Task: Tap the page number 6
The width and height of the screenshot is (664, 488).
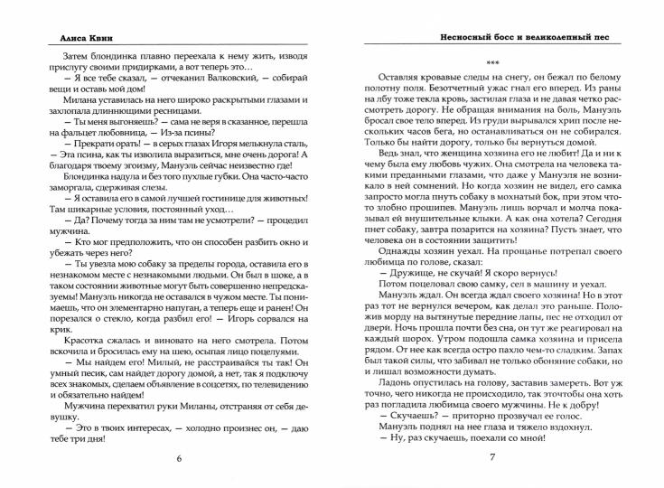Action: [x=179, y=458]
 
